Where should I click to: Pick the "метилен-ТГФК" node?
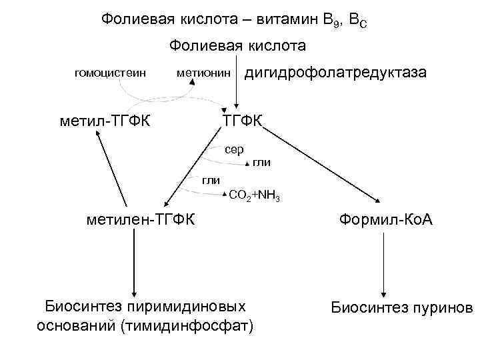(x=141, y=219)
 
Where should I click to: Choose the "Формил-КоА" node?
(x=386, y=219)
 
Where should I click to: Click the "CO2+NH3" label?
(x=254, y=196)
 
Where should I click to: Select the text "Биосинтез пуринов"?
(x=401, y=307)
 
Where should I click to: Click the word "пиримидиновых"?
(x=202, y=306)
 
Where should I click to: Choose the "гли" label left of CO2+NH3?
(x=211, y=179)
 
